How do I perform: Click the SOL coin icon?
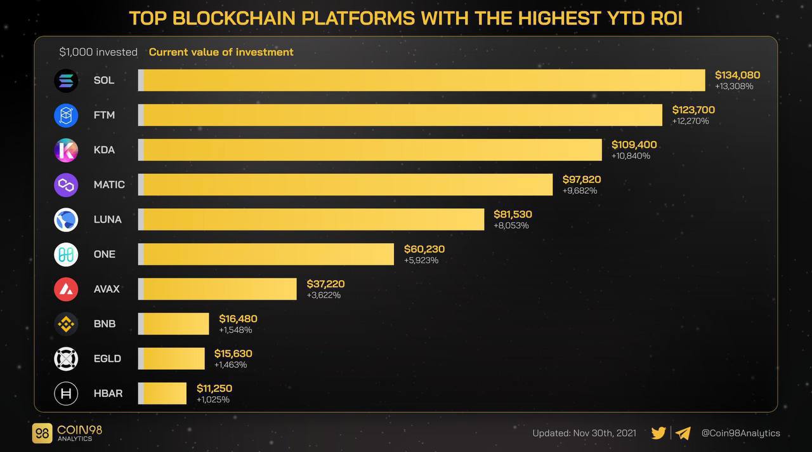66,81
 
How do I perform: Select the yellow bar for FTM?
400,115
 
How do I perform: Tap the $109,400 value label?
634,145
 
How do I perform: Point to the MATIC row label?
109,185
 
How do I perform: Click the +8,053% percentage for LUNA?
511,225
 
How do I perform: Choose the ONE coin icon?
66,254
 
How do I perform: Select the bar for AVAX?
218,289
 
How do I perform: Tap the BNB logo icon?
66,324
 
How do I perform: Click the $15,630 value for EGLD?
233,354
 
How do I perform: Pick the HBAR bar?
162,393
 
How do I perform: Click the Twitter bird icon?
658,433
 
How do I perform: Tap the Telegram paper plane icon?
683,433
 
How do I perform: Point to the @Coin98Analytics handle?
740,433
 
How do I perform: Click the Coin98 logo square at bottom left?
43,433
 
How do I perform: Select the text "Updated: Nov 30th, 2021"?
584,433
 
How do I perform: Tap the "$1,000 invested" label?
98,52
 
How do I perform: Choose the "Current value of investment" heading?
221,52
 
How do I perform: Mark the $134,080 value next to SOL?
737,75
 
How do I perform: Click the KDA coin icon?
66,150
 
